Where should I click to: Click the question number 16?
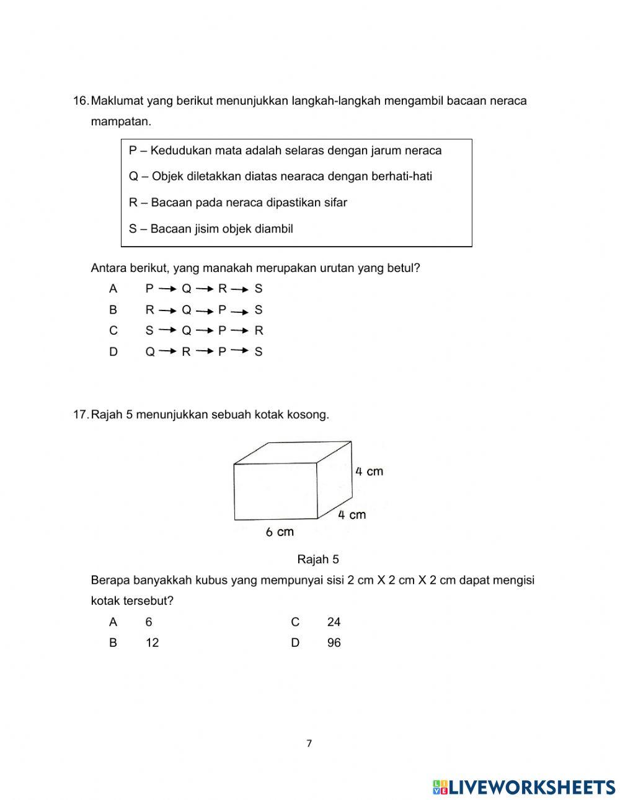pyautogui.click(x=81, y=101)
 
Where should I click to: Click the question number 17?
pyautogui.click(x=81, y=415)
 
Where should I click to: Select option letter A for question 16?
pyautogui.click(x=113, y=289)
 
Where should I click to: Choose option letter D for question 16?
pyautogui.click(x=113, y=352)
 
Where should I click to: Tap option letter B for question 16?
pyautogui.click(x=113, y=310)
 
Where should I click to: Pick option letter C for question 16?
pyautogui.click(x=113, y=331)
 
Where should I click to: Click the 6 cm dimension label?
pyautogui.click(x=280, y=532)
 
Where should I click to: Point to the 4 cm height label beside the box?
pyautogui.click(x=369, y=472)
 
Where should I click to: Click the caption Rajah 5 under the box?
pyautogui.click(x=318, y=560)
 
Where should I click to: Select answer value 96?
pyautogui.click(x=334, y=643)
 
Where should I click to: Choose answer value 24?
pyautogui.click(x=334, y=622)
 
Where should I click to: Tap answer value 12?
pyautogui.click(x=152, y=643)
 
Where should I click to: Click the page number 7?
pyautogui.click(x=309, y=744)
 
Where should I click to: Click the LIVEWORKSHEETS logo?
pyautogui.click(x=523, y=787)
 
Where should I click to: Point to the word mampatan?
pyautogui.click(x=121, y=122)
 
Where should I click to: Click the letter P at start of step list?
pyautogui.click(x=133, y=151)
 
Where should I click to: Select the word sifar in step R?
pyautogui.click(x=335, y=203)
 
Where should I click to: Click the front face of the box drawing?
pyautogui.click(x=275, y=491)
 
